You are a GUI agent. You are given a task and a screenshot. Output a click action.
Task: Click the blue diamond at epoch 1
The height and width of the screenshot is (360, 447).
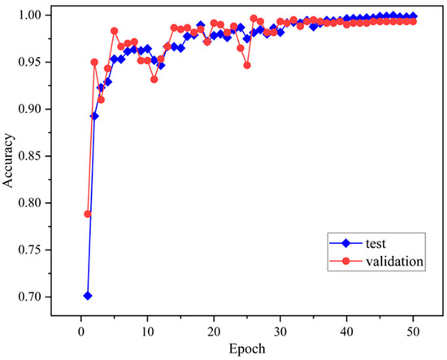88,296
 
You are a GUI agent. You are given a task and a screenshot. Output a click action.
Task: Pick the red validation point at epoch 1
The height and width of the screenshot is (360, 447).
88,214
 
